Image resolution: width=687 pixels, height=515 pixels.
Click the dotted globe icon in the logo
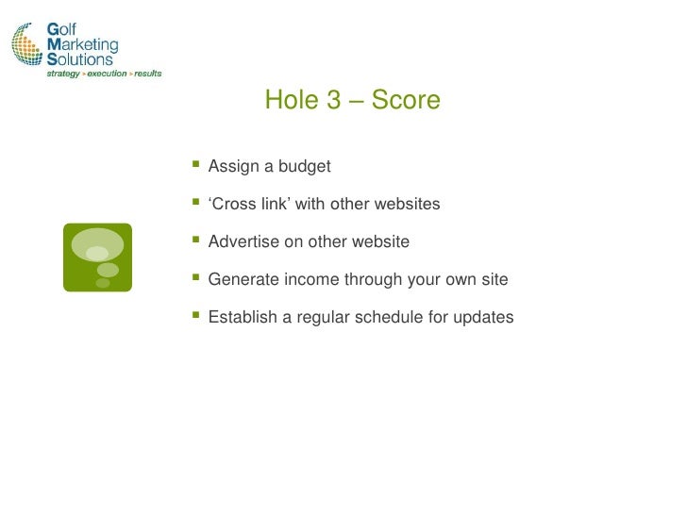tap(27, 44)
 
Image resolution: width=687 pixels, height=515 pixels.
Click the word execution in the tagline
tap(107, 74)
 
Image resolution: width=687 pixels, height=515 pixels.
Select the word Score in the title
tap(406, 100)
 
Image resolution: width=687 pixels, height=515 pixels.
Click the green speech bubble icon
tap(97, 257)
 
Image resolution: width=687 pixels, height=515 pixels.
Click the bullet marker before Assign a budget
tap(196, 166)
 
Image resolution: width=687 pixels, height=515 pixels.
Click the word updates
tap(483, 318)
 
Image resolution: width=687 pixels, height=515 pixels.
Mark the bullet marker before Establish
tap(196, 317)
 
